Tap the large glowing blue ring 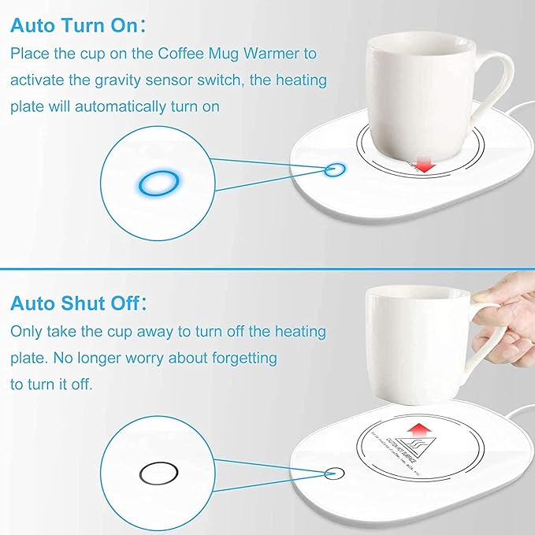(155, 184)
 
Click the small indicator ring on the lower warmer (336, 473)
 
